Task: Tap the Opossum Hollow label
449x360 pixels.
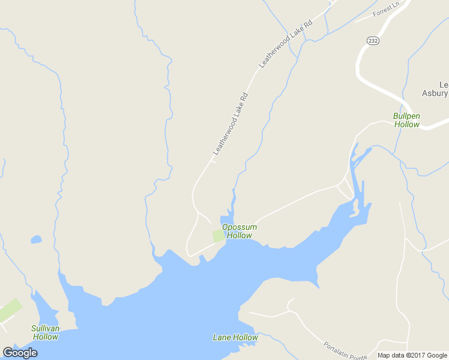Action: pyautogui.click(x=239, y=231)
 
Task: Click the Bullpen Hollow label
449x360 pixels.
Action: pyautogui.click(x=406, y=120)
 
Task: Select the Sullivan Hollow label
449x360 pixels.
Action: pyautogui.click(x=46, y=332)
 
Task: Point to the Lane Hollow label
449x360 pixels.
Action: pyautogui.click(x=235, y=337)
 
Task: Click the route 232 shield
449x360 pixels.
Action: pyautogui.click(x=372, y=40)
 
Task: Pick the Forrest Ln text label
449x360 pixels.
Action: pyautogui.click(x=385, y=10)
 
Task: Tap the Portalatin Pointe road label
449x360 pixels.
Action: pyautogui.click(x=345, y=350)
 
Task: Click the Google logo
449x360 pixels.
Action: pyautogui.click(x=20, y=353)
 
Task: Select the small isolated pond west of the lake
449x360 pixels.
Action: pyautogui.click(x=36, y=239)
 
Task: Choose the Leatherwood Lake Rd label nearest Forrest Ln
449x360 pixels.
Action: pyautogui.click(x=286, y=44)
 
